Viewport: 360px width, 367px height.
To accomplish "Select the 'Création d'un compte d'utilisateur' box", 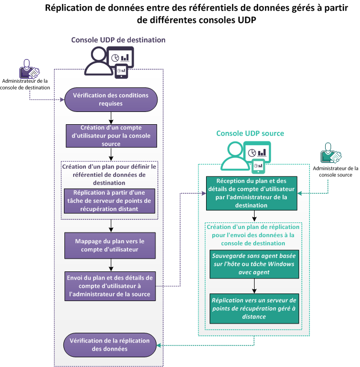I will [x=111, y=135].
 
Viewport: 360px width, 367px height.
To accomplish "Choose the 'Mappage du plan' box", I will [x=111, y=246].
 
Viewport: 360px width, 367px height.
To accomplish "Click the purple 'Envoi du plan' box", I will [x=111, y=286].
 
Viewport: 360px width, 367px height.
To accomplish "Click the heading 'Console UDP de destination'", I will [x=118, y=40].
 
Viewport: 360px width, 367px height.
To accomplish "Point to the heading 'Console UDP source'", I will [x=250, y=133].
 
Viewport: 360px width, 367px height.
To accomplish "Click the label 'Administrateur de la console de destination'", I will [x=26, y=84].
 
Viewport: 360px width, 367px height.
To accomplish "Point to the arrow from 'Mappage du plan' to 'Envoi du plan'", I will [x=111, y=265].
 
